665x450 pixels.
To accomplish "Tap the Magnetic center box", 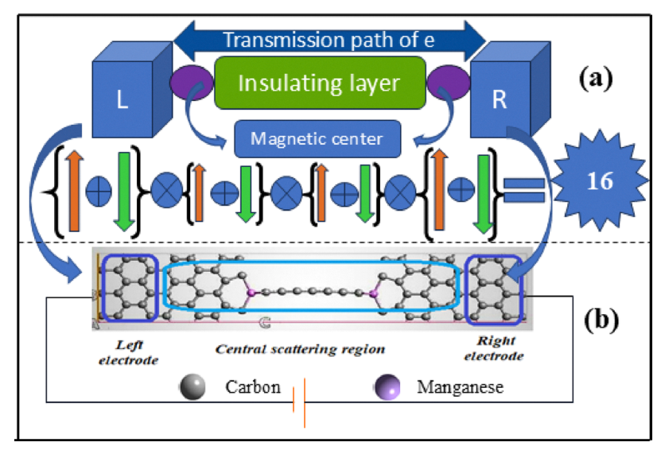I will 317,138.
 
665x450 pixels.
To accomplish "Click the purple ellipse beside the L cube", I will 191,82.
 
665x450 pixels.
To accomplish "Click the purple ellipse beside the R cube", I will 446,82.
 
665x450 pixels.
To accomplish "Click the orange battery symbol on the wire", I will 298,405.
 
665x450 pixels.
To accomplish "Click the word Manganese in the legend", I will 460,389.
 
